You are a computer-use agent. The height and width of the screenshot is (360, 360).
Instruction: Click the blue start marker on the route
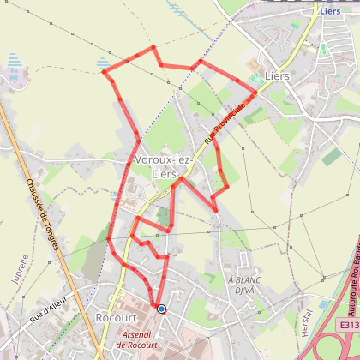[x=161, y=309]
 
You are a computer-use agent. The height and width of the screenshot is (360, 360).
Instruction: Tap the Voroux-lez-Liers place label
[x=164, y=167]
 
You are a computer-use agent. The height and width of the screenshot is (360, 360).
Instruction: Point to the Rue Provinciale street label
[x=225, y=123]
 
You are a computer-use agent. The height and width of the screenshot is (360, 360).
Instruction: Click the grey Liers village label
[x=277, y=75]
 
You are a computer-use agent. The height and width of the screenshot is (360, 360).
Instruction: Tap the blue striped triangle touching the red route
[x=104, y=63]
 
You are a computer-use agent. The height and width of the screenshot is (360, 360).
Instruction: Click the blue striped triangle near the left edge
[x=13, y=61]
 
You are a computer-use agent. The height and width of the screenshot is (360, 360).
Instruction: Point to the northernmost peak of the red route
[x=153, y=46]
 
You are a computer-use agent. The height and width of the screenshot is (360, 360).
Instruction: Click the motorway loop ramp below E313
[x=330, y=347]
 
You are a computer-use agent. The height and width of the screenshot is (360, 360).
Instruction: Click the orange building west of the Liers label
[x=252, y=65]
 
